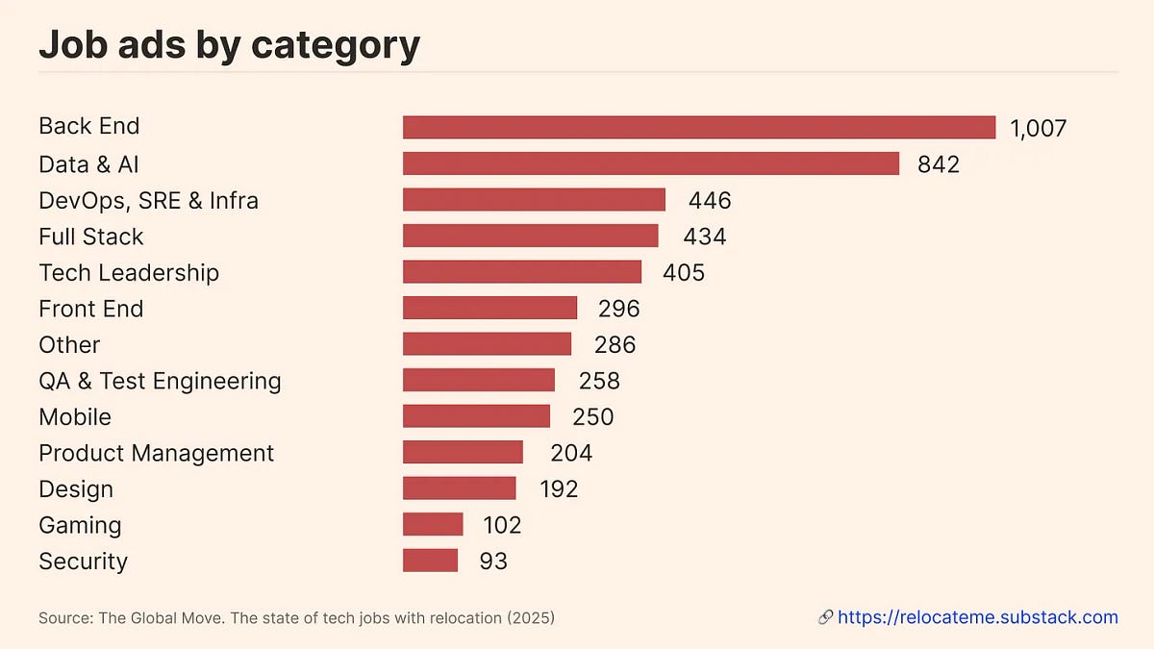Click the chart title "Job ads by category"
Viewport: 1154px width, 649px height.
[229, 45]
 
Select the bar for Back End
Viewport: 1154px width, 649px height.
[698, 128]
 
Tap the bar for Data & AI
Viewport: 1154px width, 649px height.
[650, 163]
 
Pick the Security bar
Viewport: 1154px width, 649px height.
[430, 561]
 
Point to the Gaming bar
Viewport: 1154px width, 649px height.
[433, 525]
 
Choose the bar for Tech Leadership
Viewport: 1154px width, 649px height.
[521, 272]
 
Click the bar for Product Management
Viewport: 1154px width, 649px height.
[463, 453]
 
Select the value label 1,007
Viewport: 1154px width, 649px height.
[1038, 129]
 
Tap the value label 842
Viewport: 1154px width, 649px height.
[938, 164]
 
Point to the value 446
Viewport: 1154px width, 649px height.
[710, 200]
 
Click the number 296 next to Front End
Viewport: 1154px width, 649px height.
[618, 309]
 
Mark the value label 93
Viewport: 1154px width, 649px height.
[492, 562]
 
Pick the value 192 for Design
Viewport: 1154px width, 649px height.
[558, 489]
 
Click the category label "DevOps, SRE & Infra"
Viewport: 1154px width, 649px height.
[148, 200]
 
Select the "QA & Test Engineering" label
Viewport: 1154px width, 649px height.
[160, 381]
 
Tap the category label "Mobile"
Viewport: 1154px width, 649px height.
[75, 417]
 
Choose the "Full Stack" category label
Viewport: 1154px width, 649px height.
[90, 237]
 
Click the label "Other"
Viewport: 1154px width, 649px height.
[69, 344]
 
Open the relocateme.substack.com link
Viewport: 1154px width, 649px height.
[977, 617]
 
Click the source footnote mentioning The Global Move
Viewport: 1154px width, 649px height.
[296, 617]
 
